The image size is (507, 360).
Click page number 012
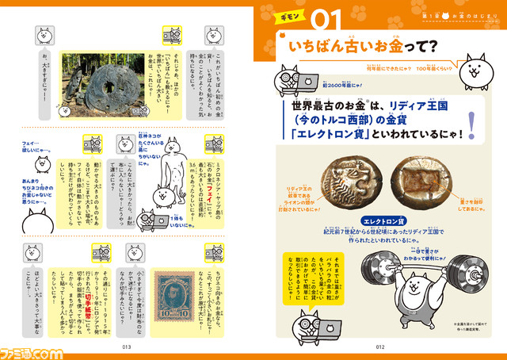point(379,347)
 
